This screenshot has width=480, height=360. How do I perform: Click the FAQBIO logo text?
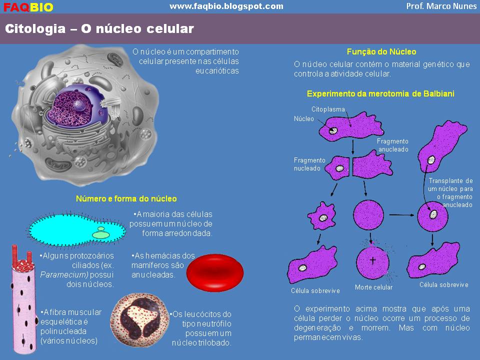(28, 7)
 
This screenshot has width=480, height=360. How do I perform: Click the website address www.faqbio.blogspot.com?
(226, 6)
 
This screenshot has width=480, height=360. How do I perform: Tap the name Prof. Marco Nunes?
(442, 6)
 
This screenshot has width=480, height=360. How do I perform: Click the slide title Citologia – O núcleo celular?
(99, 29)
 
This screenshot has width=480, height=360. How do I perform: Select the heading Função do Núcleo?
(381, 51)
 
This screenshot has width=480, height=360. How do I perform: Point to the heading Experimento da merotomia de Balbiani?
(380, 93)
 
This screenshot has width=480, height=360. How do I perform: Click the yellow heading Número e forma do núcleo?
(126, 198)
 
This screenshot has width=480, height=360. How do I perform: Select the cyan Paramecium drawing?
(75, 230)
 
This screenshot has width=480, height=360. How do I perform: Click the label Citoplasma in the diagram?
(328, 108)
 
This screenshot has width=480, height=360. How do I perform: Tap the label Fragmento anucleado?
(393, 145)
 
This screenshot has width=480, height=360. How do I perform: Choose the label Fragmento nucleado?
(309, 164)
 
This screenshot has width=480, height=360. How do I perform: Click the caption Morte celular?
(373, 287)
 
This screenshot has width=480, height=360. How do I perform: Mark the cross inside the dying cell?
(372, 260)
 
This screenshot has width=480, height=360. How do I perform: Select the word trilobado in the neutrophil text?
(215, 342)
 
